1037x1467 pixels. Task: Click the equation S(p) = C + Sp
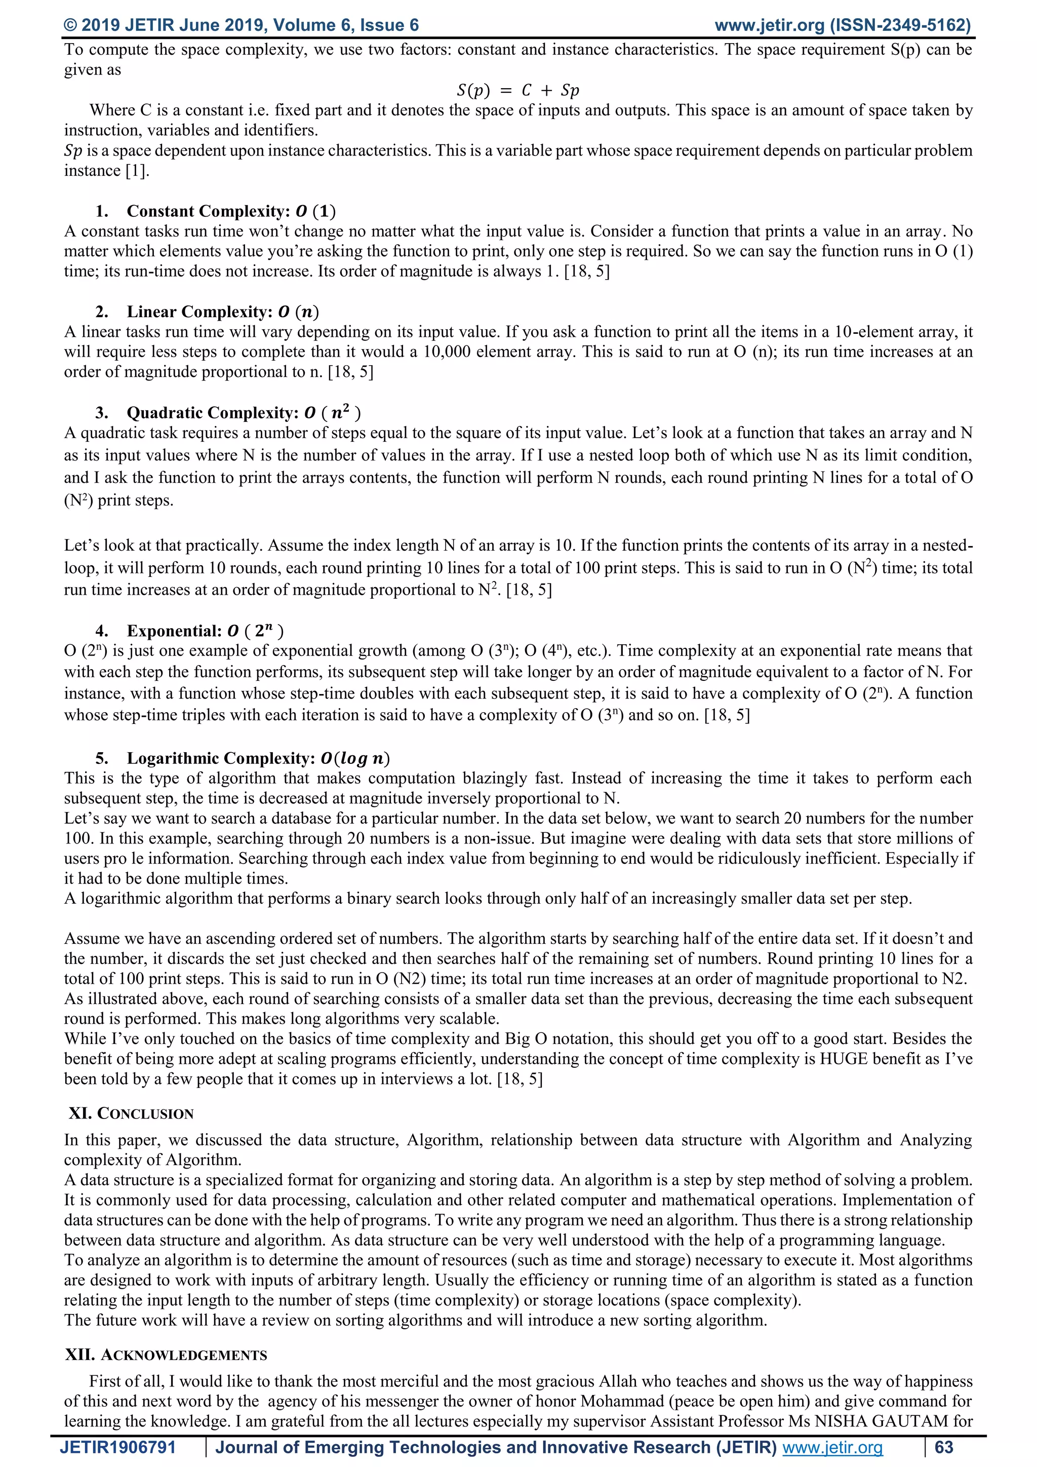click(518, 90)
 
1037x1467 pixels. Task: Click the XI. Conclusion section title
click(131, 1113)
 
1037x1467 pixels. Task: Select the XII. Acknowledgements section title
click(166, 1355)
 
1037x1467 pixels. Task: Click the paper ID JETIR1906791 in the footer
click(117, 1448)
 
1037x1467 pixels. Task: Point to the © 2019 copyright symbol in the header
click(71, 25)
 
